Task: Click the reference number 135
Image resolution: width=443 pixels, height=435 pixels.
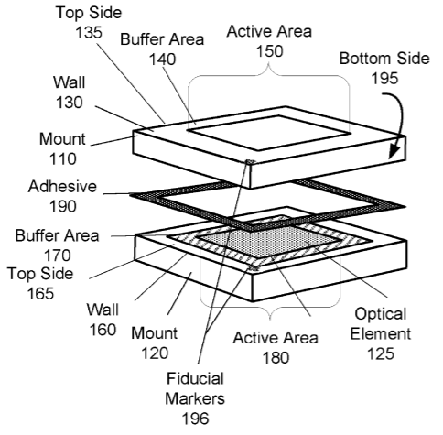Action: (89, 32)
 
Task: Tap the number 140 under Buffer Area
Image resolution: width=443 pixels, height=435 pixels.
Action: (162, 60)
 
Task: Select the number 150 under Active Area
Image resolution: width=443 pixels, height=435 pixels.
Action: (269, 51)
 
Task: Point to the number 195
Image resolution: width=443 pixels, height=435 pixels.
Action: (384, 78)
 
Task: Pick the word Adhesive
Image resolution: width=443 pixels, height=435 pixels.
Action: (62, 186)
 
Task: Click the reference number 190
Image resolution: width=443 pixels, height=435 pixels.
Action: (63, 206)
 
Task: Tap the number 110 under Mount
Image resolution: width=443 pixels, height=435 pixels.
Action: (63, 159)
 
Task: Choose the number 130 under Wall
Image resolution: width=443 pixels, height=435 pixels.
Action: (70, 103)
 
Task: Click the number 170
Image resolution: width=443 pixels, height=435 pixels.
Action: (58, 256)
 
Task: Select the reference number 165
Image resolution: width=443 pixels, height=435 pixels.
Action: (40, 293)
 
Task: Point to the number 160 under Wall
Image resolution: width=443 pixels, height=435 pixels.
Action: (103, 330)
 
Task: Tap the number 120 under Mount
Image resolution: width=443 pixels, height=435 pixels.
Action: (155, 353)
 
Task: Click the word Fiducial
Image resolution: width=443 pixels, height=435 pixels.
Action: (195, 378)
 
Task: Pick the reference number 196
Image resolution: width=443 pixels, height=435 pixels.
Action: (196, 419)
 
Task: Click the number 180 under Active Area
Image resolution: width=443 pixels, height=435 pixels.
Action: (276, 357)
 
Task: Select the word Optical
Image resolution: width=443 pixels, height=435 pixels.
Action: (381, 314)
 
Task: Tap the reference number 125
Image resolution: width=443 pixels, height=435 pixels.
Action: (381, 353)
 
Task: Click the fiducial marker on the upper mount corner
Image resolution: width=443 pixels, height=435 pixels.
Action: (251, 161)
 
